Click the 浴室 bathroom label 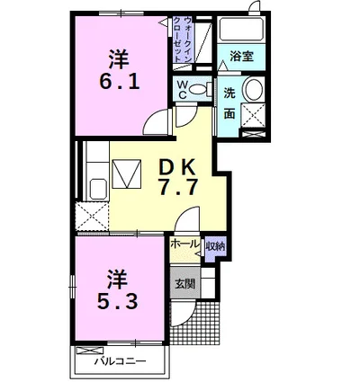[x=242, y=57]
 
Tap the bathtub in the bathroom [x=241, y=29]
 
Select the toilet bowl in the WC [x=198, y=89]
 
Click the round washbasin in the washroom [x=254, y=90]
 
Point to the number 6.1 [x=120, y=82]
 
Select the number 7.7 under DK [x=178, y=187]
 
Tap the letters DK [x=178, y=167]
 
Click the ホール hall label [x=184, y=244]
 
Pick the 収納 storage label [x=215, y=246]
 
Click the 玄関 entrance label [x=185, y=283]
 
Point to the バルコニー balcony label [x=121, y=361]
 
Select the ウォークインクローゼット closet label [x=182, y=39]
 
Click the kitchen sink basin [x=99, y=189]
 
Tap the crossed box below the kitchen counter [x=92, y=217]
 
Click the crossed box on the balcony [x=89, y=351]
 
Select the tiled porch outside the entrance [x=195, y=323]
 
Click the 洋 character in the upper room [x=119, y=59]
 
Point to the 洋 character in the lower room [x=118, y=280]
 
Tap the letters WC [x=182, y=89]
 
